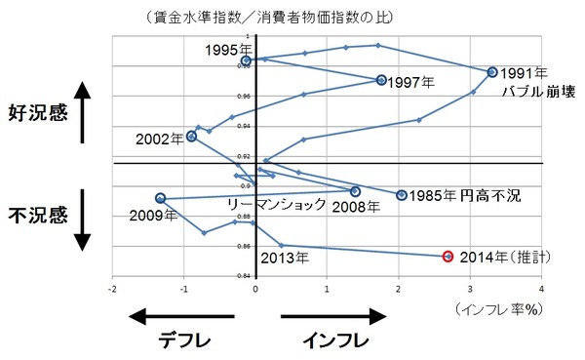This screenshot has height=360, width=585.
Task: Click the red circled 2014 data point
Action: pyautogui.click(x=448, y=257)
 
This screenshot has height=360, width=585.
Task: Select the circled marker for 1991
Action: pyautogui.click(x=492, y=72)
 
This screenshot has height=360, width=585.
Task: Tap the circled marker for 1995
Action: pyautogui.click(x=246, y=60)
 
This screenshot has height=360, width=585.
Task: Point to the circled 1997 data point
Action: pyautogui.click(x=381, y=80)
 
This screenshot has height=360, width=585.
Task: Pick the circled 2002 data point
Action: pyautogui.click(x=191, y=137)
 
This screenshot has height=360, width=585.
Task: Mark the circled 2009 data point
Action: pyautogui.click(x=160, y=199)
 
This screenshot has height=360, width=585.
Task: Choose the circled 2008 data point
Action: pyautogui.click(x=355, y=191)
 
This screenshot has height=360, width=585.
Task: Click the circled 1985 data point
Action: pyautogui.click(x=402, y=195)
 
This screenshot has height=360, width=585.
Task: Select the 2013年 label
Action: pyautogui.click(x=285, y=259)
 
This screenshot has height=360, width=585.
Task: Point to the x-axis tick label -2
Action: pyautogui.click(x=113, y=290)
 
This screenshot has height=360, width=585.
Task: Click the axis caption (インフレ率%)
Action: pyautogui.click(x=496, y=307)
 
